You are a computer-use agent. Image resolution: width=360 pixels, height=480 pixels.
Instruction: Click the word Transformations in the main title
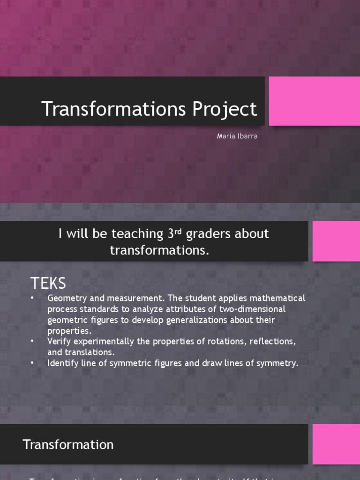pyautogui.click(x=114, y=109)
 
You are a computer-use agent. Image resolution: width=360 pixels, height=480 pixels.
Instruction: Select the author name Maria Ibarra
pyautogui.click(x=237, y=136)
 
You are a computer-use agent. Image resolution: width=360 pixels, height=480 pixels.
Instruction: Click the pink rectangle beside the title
pyautogui.click(x=314, y=101)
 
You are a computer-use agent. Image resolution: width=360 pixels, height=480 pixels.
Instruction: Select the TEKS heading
pyautogui.click(x=48, y=283)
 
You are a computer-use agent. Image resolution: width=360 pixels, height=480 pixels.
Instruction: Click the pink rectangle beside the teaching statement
pyautogui.click(x=336, y=241)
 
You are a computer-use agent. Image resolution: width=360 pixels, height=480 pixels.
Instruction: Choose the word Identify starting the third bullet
pyautogui.click(x=63, y=363)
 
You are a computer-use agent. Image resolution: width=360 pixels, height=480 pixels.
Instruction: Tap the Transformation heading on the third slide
pyautogui.click(x=68, y=445)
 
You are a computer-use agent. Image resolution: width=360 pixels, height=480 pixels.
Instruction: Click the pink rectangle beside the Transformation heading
pyautogui.click(x=336, y=444)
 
